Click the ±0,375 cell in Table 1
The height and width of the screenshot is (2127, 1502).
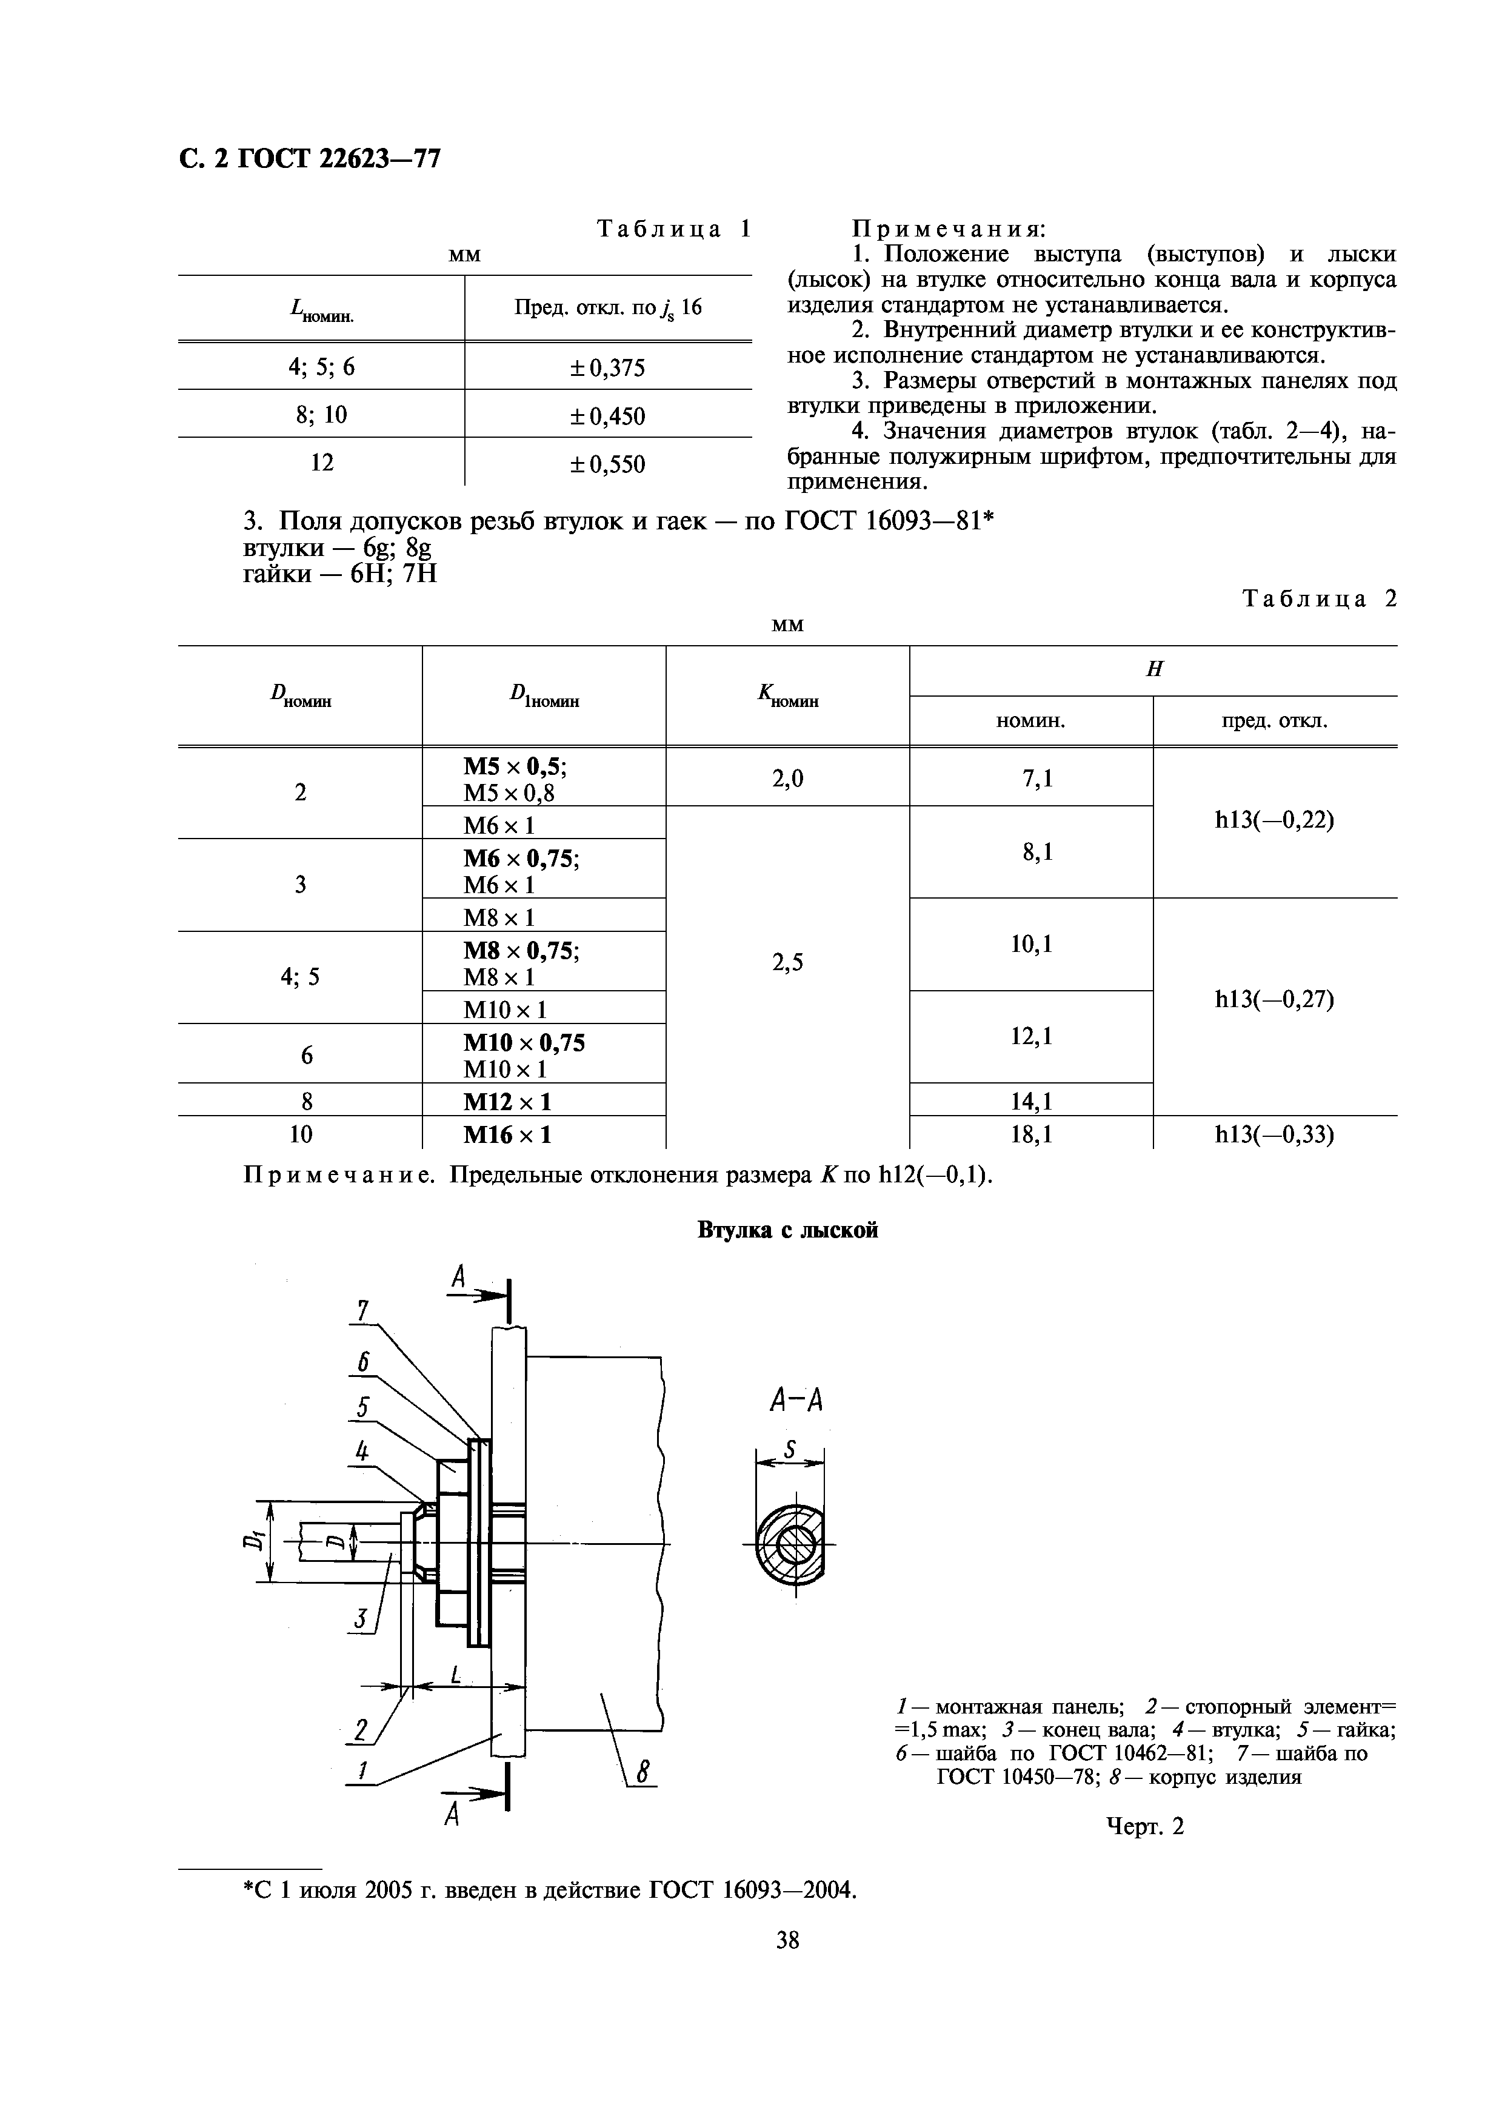607,368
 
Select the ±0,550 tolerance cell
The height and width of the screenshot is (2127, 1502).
607,463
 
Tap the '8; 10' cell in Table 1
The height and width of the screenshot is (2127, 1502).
321,415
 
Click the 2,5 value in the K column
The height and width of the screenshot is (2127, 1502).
787,962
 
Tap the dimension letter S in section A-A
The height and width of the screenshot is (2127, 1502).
790,1450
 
